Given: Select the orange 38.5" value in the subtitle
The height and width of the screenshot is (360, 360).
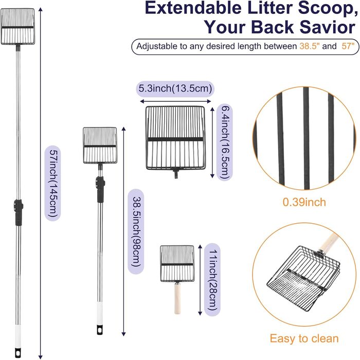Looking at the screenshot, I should [x=311, y=46].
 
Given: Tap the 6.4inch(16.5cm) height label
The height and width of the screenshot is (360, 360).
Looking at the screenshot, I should [x=223, y=141].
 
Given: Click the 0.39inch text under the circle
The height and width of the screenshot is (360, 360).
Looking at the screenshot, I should [x=304, y=202].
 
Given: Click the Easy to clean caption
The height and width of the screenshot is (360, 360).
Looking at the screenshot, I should [x=304, y=338].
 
